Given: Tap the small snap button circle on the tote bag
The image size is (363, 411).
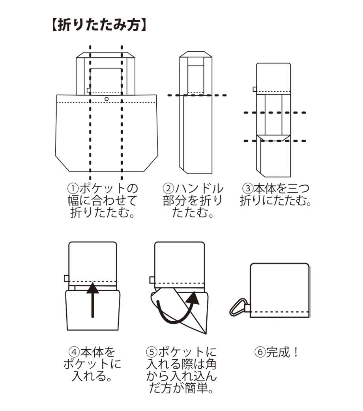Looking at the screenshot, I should point(106,98).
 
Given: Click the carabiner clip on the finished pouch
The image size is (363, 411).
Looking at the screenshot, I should point(238,308).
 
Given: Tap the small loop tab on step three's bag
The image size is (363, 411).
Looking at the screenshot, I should point(254,89).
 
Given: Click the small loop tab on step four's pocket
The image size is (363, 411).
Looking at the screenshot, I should point(66,278).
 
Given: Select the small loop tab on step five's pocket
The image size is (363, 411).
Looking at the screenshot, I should point(152,280).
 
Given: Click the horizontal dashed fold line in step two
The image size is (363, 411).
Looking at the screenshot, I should point(197,95).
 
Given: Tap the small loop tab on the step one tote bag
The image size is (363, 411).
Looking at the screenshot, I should point(88,90).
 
